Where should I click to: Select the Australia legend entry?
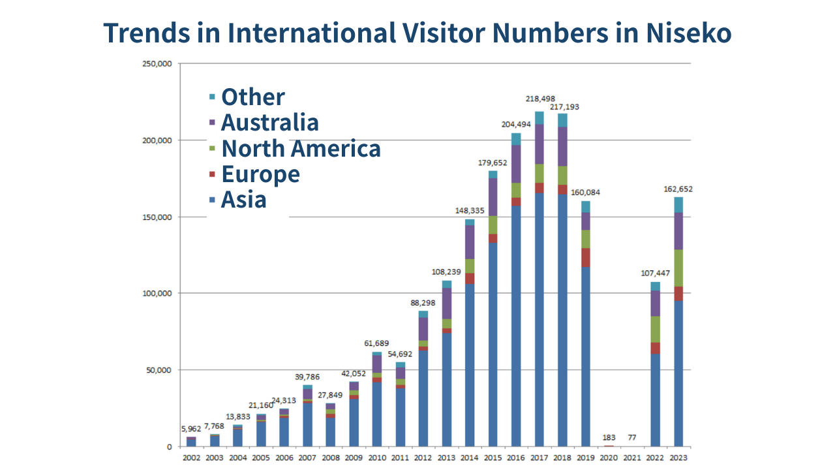(x=269, y=122)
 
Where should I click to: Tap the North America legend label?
(x=301, y=148)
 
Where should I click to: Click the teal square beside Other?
(x=212, y=97)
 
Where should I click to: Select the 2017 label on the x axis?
(x=539, y=458)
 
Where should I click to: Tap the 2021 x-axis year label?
(x=632, y=458)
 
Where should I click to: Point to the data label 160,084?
(x=585, y=193)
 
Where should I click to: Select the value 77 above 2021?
(x=632, y=437)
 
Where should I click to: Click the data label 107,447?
(x=654, y=274)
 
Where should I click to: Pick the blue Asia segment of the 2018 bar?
(x=562, y=320)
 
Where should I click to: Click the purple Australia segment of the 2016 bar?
(x=516, y=163)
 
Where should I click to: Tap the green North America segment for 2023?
(x=678, y=268)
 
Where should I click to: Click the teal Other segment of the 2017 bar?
(x=539, y=117)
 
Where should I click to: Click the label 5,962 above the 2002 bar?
(x=190, y=429)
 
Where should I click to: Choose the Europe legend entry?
(x=260, y=174)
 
